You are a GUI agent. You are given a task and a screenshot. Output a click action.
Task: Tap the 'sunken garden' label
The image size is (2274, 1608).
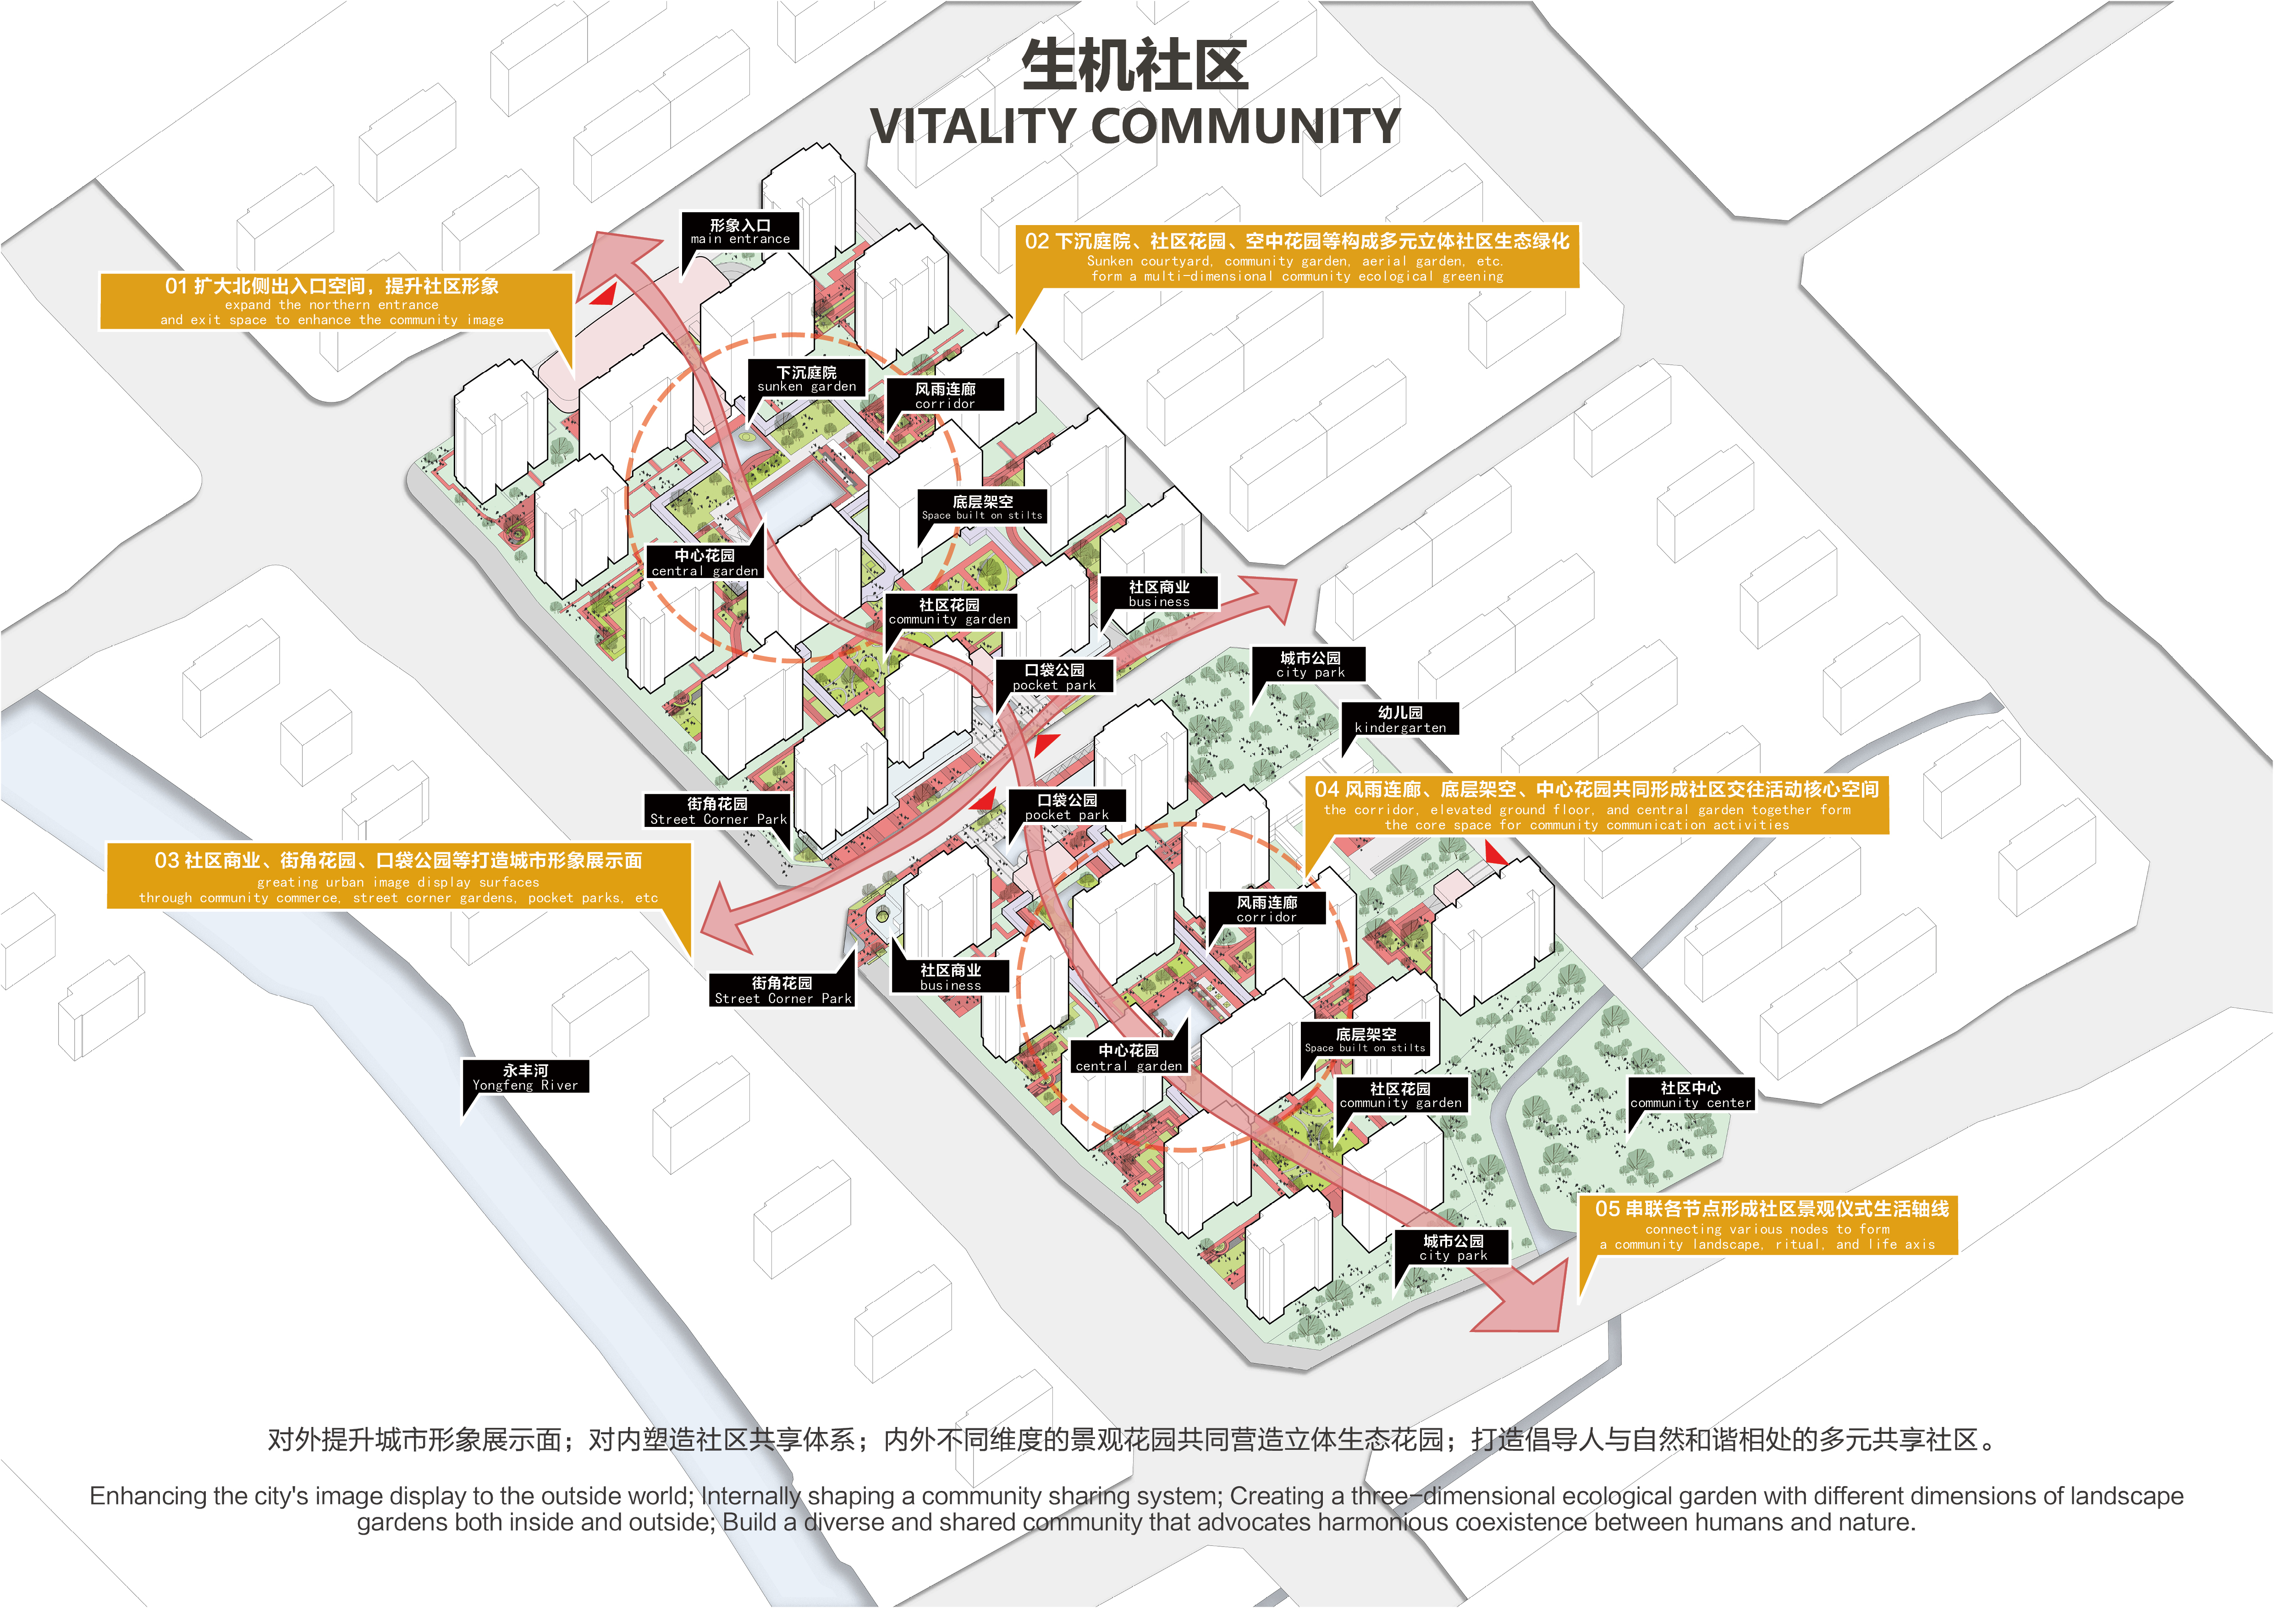click(806, 379)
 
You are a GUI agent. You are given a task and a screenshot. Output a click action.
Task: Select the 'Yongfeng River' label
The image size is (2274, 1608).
click(525, 1077)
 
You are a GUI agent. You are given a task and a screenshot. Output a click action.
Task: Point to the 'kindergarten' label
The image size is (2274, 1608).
click(1399, 720)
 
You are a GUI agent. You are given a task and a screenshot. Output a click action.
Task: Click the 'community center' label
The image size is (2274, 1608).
click(1690, 1095)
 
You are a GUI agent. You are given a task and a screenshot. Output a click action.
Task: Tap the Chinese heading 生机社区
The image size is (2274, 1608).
click(1135, 66)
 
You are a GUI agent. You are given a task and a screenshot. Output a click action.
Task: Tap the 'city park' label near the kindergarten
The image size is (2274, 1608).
click(1309, 664)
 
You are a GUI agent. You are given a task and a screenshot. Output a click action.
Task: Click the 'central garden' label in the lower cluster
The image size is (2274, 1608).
click(1128, 1057)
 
